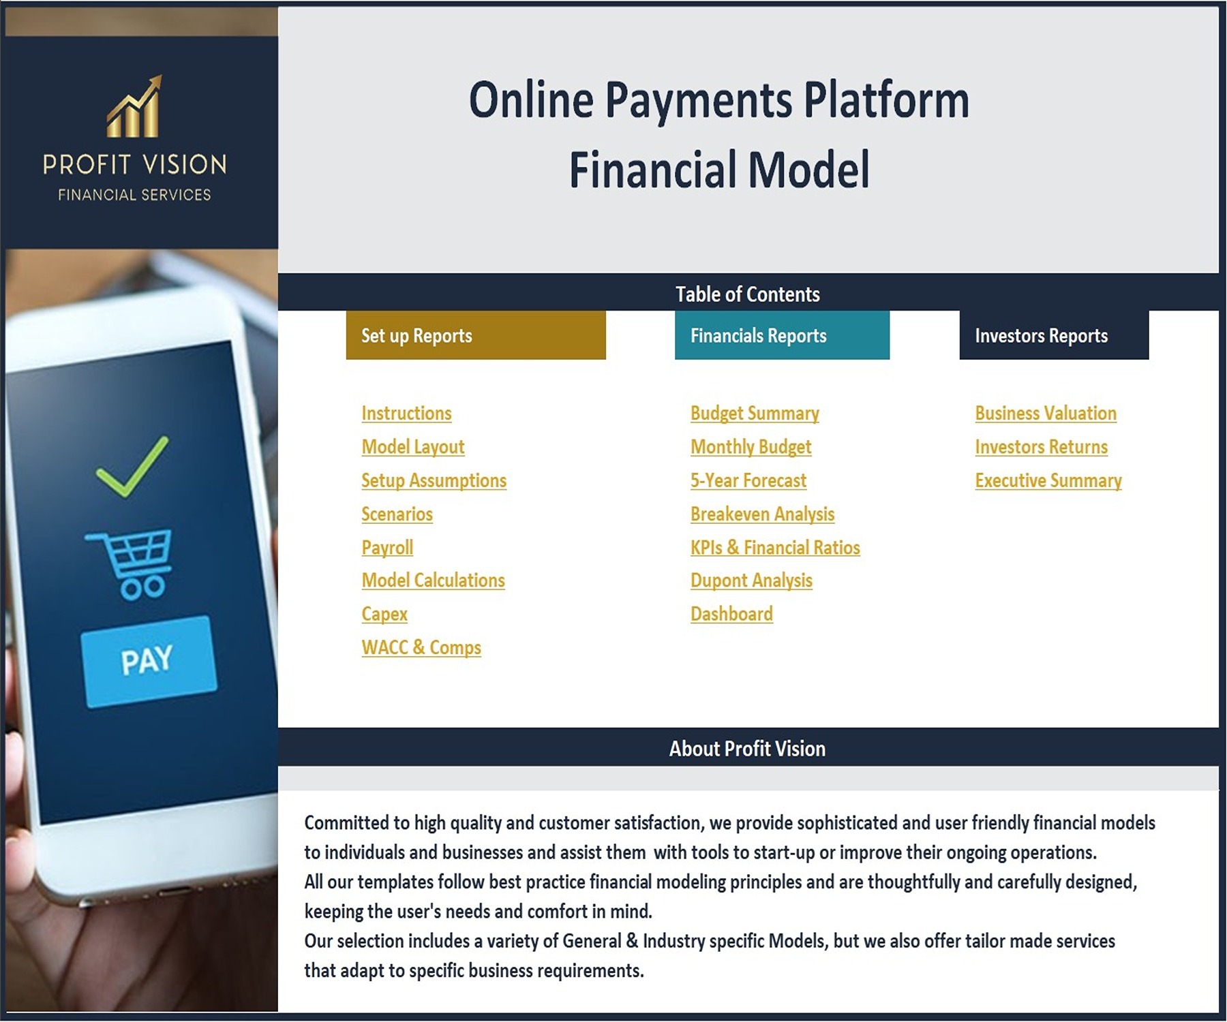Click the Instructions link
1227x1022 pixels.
coord(406,414)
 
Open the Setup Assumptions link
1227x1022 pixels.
coord(434,481)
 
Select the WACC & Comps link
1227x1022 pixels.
coord(421,648)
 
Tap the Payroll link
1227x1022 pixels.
coord(387,548)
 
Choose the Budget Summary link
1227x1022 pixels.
coord(755,414)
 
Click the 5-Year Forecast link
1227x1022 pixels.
coord(748,481)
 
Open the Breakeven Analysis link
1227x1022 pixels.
coord(762,514)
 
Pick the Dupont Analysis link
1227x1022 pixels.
coord(751,580)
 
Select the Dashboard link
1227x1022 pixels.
coord(731,614)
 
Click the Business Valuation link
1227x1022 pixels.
coord(1046,414)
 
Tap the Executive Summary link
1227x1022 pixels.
coord(1048,481)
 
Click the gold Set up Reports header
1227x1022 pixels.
coord(476,335)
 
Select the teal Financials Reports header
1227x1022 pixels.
coord(782,335)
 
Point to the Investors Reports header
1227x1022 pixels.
coord(1054,335)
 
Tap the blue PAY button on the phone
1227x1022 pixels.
coord(149,662)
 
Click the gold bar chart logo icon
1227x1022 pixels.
coord(135,106)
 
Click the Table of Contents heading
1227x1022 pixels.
coord(748,294)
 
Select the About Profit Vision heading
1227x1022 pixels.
coord(747,749)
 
